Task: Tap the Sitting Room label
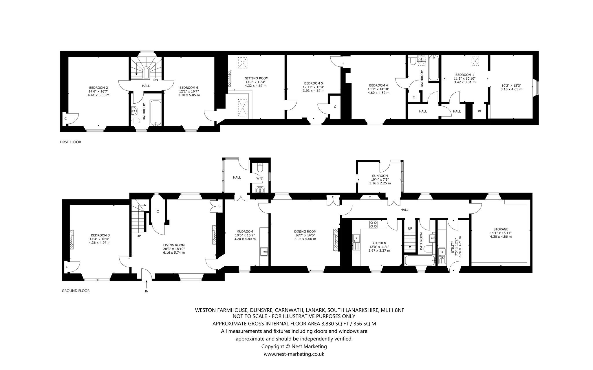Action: point(257,78)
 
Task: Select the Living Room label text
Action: point(174,245)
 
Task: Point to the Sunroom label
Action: point(380,176)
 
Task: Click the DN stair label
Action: point(155,80)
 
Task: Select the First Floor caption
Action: point(70,142)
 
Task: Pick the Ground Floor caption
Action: point(76,291)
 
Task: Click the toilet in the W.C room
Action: point(259,167)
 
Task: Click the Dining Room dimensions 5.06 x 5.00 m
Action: point(305,239)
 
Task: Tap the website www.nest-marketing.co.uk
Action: point(294,354)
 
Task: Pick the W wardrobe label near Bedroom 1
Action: point(479,111)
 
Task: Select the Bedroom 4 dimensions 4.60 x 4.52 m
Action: point(378,93)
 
